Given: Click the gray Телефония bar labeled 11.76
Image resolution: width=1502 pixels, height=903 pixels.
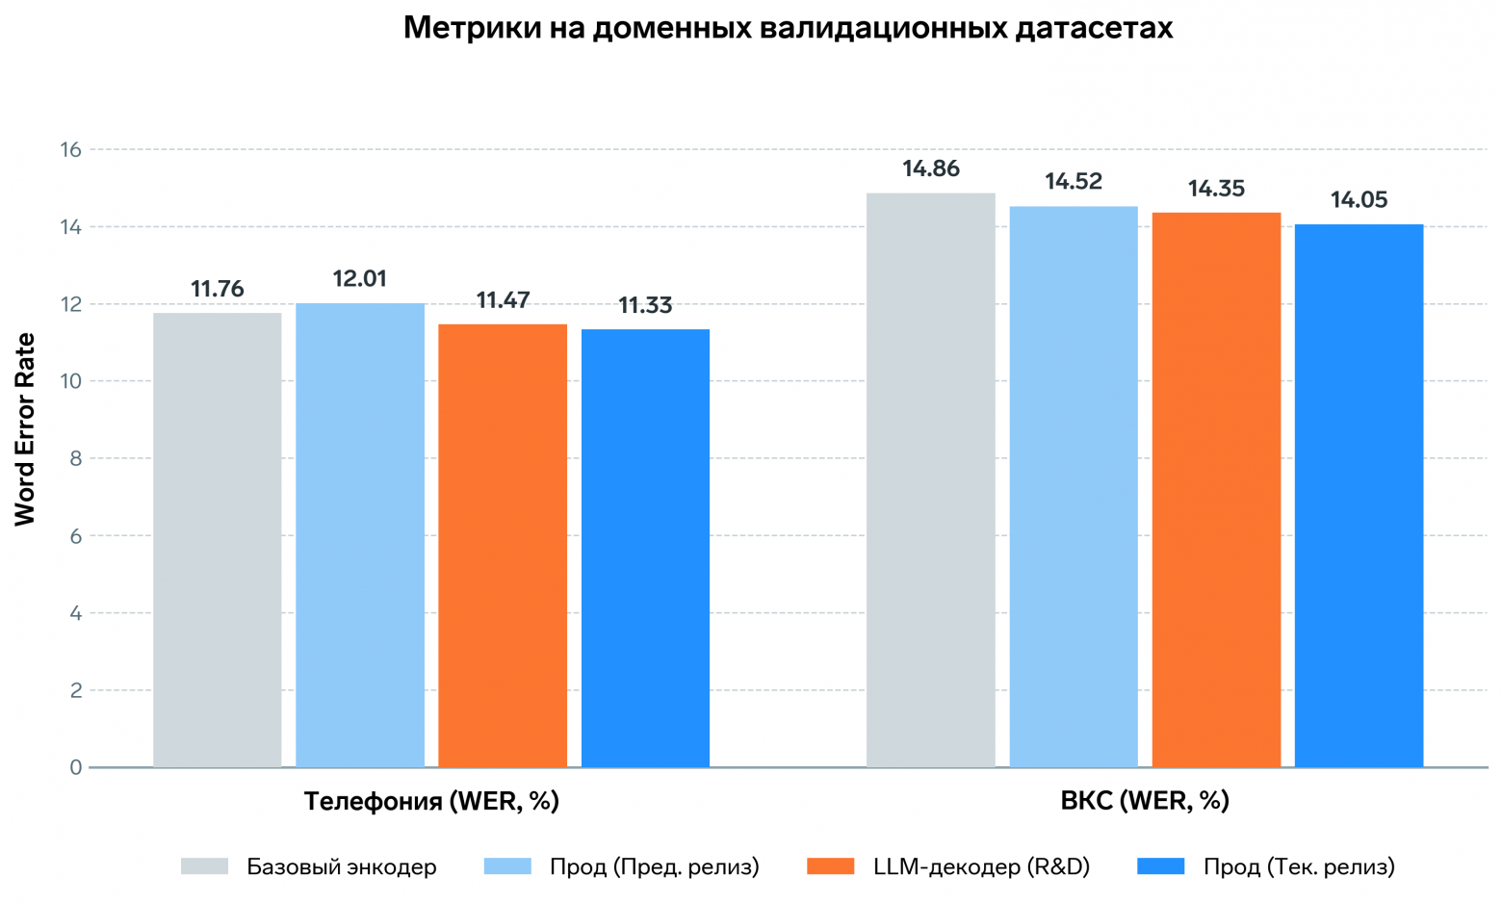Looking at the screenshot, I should click(x=218, y=539).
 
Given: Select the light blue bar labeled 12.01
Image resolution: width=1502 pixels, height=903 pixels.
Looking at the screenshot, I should click(x=360, y=534).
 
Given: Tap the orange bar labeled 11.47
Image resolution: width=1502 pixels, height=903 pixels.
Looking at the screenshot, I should click(x=503, y=545).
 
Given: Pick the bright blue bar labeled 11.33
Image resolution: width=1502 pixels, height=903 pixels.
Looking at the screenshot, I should click(x=645, y=548).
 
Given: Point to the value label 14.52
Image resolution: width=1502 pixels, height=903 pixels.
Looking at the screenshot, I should click(x=1074, y=182).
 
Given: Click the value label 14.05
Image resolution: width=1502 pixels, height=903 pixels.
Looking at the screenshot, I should click(x=1359, y=200).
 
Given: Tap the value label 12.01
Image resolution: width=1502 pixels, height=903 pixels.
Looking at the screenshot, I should click(x=360, y=279).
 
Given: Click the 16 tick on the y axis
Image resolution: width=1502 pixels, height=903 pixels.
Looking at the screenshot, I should click(x=70, y=149).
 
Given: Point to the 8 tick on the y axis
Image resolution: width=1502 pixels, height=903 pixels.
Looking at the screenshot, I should click(x=75, y=458).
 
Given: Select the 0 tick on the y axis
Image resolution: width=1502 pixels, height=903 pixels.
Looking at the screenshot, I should click(x=75, y=767).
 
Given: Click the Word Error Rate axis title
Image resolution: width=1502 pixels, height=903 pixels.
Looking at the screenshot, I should click(x=25, y=429).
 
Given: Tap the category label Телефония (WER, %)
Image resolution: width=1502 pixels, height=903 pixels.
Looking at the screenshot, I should click(x=431, y=801).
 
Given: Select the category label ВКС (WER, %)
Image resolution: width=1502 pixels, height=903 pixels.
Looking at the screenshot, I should click(x=1145, y=801).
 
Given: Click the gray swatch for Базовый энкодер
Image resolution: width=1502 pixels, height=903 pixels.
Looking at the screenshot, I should click(x=204, y=866).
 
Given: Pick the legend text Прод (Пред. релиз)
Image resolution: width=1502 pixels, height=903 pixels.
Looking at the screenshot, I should click(x=654, y=866).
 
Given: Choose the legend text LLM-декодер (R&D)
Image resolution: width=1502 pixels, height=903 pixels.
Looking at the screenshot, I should click(x=981, y=866).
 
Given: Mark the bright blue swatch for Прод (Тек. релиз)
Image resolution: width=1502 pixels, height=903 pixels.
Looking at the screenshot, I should click(x=1161, y=866).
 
